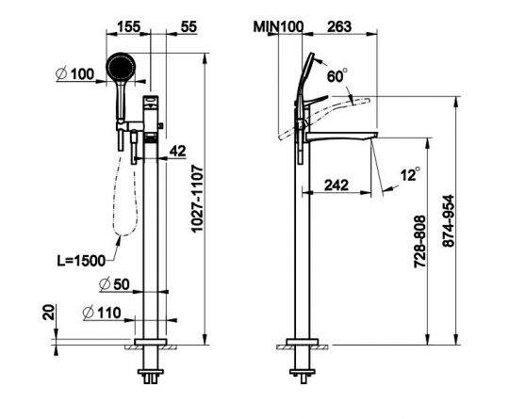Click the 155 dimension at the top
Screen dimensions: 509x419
coord(129,26)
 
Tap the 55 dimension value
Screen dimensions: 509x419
coord(189,26)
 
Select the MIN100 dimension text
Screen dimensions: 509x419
coord(278,26)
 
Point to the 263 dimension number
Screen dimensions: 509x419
coord(339,26)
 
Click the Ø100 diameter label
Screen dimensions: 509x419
coord(75,74)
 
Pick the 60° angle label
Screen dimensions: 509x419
coord(337,75)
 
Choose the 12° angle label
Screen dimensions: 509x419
coord(410,174)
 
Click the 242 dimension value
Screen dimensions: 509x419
coord(337,185)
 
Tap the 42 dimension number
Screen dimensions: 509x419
coord(178,151)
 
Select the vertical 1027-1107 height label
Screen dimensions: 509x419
coord(197,199)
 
